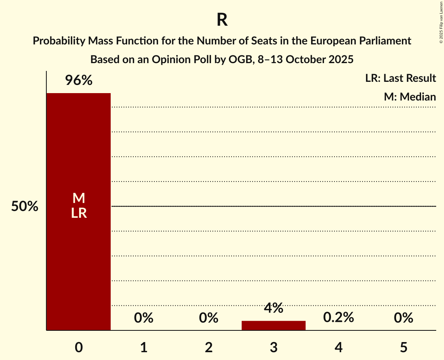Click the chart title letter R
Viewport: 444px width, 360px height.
(x=222, y=20)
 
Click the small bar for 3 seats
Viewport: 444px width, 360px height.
(x=274, y=325)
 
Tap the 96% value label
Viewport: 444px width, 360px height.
(x=79, y=81)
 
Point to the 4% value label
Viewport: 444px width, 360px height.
(x=274, y=308)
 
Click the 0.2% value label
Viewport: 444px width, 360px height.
(x=338, y=318)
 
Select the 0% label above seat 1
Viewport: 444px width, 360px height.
(x=143, y=318)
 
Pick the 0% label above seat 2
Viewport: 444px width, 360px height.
(x=209, y=318)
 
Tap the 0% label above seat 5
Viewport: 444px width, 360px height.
(x=403, y=318)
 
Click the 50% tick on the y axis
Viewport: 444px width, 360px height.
(x=25, y=206)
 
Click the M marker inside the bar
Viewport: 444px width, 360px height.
(x=79, y=198)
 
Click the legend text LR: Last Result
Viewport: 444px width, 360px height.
(x=400, y=78)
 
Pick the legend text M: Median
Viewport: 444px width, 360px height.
(x=410, y=97)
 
